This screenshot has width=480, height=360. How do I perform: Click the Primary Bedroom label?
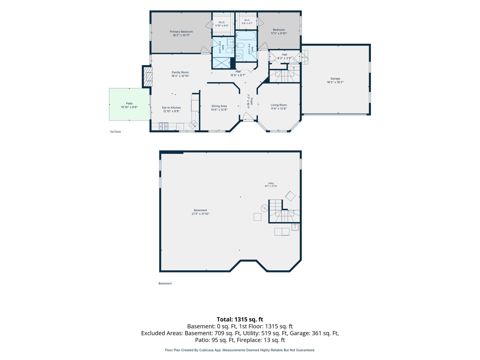pyautogui.click(x=181, y=33)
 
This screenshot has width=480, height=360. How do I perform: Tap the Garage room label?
pyautogui.click(x=335, y=80)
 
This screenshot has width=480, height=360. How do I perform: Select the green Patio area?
pyautogui.click(x=129, y=104)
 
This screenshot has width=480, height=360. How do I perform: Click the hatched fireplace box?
pyautogui.click(x=148, y=76)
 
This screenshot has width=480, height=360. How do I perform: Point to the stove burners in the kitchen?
pyautogui.click(x=163, y=126)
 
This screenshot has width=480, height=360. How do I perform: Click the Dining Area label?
pyautogui.click(x=219, y=108)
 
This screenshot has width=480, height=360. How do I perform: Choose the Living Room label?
pyautogui.click(x=279, y=107)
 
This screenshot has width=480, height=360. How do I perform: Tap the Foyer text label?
pyautogui.click(x=251, y=101)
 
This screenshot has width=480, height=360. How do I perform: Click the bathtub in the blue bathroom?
pyautogui.click(x=246, y=35)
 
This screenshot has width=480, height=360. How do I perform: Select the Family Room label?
pyautogui.click(x=180, y=74)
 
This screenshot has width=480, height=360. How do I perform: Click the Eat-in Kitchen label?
pyautogui.click(x=171, y=109)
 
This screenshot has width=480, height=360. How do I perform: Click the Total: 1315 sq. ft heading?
pyautogui.click(x=240, y=319)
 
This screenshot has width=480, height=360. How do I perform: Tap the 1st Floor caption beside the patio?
pyautogui.click(x=115, y=132)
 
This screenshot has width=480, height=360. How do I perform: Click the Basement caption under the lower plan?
pyautogui.click(x=165, y=283)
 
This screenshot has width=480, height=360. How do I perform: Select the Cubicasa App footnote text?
pyautogui.click(x=240, y=350)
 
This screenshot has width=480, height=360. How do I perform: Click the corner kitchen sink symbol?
pyautogui.click(x=193, y=124)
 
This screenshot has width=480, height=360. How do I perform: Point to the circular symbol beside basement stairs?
pyautogui.click(x=264, y=208)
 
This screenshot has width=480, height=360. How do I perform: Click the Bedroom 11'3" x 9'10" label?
pyautogui.click(x=279, y=31)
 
